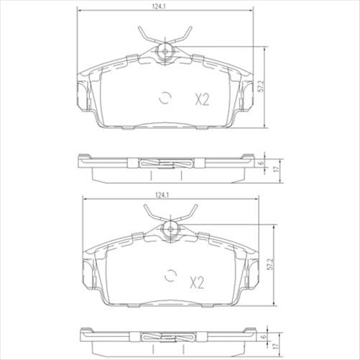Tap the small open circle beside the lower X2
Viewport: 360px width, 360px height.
(x=171, y=275)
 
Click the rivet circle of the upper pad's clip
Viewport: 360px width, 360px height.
(x=165, y=50)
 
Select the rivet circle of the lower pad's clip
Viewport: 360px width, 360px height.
(x=171, y=228)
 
